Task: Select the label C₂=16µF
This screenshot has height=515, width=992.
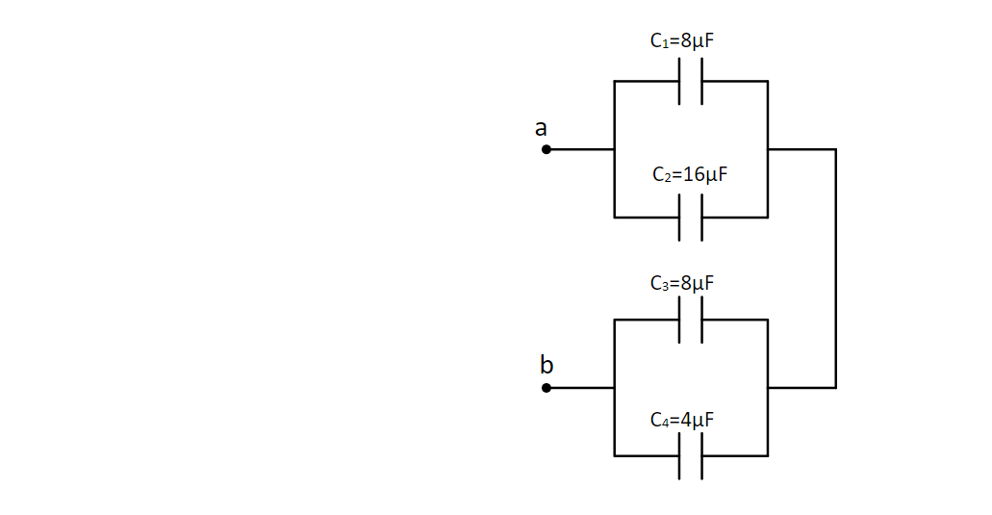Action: (689, 175)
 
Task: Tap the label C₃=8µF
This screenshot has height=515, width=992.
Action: (682, 284)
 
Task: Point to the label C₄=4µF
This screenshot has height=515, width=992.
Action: (682, 420)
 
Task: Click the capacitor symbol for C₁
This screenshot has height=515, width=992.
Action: (691, 82)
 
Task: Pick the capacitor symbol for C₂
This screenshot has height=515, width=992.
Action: (691, 218)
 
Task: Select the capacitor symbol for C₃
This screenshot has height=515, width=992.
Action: (691, 320)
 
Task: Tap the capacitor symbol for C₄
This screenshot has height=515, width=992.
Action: (691, 455)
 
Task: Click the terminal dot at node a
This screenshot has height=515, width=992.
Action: (547, 150)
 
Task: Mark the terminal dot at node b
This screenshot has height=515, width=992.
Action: (547, 388)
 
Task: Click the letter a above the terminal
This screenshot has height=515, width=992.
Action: (542, 127)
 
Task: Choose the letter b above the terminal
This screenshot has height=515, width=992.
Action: (547, 365)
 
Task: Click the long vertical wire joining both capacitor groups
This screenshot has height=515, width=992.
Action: (835, 269)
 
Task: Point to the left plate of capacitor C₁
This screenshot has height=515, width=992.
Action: (680, 82)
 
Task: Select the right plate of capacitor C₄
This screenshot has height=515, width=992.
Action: (701, 455)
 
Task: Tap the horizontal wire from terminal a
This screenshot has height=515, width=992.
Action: (580, 150)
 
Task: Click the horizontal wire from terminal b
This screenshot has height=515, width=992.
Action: (580, 388)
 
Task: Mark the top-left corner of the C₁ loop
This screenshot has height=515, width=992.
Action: (614, 82)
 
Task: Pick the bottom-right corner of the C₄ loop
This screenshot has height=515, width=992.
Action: (767, 455)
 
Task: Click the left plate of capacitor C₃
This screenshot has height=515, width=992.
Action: (680, 320)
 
